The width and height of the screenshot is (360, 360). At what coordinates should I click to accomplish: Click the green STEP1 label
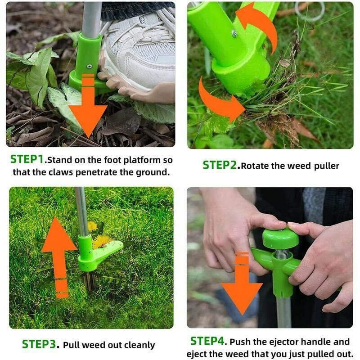click(x=27, y=159)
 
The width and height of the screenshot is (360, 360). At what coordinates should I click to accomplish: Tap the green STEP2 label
click(x=220, y=165)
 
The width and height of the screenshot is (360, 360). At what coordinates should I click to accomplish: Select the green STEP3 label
click(x=39, y=344)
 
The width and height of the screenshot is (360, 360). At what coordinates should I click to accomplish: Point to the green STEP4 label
click(x=207, y=341)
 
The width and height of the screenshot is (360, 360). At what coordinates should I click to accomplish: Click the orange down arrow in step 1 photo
click(x=88, y=106)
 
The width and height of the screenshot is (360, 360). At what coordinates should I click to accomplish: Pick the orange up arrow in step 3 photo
click(x=59, y=257)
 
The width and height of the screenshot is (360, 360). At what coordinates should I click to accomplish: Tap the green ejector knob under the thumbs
click(x=280, y=239)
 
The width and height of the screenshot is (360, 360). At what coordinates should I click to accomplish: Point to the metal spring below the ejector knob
click(x=282, y=253)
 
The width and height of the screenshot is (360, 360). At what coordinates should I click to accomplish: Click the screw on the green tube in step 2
click(x=234, y=33)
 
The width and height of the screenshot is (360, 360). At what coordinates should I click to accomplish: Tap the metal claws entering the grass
click(x=90, y=281)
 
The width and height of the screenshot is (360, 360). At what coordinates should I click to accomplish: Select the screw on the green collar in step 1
click(x=89, y=67)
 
